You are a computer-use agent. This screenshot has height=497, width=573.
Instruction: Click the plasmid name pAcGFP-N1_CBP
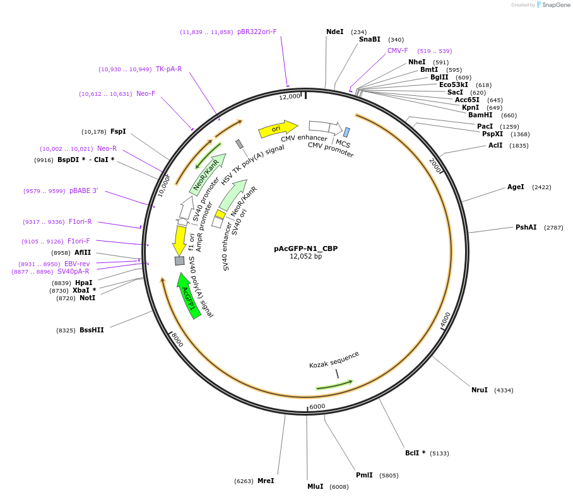305,248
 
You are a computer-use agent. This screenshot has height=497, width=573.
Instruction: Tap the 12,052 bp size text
305,257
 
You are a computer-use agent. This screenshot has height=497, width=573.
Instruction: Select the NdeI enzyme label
334,32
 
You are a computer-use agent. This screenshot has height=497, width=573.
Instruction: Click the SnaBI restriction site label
370,39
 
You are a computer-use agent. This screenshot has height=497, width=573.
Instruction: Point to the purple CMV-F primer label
398,50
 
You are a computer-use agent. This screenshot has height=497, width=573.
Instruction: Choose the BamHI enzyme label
480,115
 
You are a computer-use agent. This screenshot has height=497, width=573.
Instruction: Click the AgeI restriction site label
516,187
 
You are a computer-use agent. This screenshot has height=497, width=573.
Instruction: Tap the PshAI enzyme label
526,227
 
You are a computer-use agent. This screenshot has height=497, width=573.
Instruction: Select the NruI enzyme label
480,390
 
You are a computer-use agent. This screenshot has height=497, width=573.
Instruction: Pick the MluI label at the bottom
315,486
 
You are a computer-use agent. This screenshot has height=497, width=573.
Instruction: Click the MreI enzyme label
266,481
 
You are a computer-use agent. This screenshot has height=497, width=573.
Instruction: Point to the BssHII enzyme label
92,330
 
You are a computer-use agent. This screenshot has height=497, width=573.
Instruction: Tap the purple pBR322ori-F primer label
257,32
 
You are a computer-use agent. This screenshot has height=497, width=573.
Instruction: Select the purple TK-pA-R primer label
168,69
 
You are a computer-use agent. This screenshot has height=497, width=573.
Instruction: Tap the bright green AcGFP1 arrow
188,295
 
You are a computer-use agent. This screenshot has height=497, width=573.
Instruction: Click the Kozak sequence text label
334,360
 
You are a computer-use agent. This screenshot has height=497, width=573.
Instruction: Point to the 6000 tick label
317,406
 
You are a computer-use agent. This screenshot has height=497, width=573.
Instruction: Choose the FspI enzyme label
118,131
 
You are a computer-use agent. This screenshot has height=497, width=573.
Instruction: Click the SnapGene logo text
556,5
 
